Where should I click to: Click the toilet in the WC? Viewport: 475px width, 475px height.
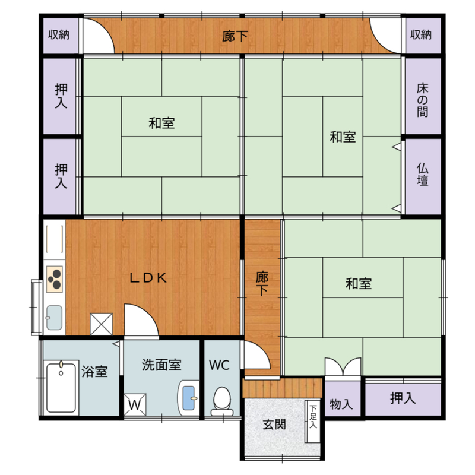click(x=222, y=401)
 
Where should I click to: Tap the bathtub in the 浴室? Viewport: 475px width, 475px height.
click(x=61, y=388)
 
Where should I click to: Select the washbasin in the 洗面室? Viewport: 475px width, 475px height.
click(x=188, y=398)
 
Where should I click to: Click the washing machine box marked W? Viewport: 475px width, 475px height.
click(x=135, y=404)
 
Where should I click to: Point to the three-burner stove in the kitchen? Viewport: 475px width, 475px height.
click(x=55, y=279)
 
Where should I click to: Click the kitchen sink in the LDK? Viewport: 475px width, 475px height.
click(x=55, y=318)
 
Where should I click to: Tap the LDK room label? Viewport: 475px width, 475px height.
click(x=148, y=278)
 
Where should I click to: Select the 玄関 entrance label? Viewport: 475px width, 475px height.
click(x=274, y=425)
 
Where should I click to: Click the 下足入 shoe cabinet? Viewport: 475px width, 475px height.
click(x=312, y=422)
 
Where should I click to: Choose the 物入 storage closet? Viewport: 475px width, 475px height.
click(x=343, y=398)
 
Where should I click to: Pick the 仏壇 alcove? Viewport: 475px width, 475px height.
click(x=423, y=176)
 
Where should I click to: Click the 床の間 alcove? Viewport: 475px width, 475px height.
click(x=423, y=96)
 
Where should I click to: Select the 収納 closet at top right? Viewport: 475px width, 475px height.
click(x=423, y=36)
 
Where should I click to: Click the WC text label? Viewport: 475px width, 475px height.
click(x=219, y=365)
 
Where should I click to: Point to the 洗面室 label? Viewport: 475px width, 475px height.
click(x=161, y=365)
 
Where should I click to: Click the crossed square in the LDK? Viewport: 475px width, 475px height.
click(x=102, y=324)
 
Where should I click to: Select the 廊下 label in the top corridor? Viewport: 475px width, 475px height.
click(x=235, y=37)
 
